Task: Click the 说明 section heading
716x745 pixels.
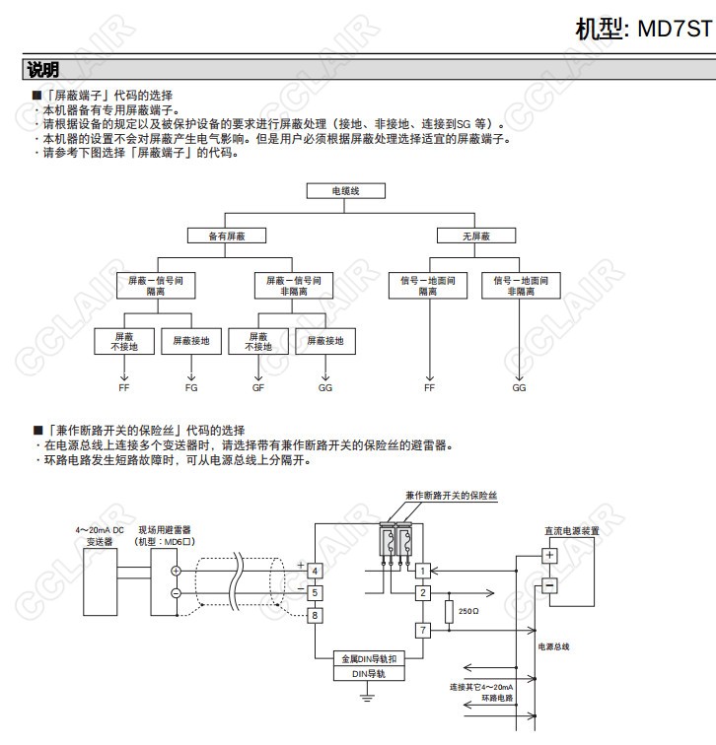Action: (x=43, y=70)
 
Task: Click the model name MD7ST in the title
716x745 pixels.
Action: (x=674, y=28)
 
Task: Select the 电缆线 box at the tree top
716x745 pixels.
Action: (x=345, y=191)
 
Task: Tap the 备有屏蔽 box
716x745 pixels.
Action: (x=227, y=236)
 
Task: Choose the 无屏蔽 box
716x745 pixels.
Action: (x=475, y=236)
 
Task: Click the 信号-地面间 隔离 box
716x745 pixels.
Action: (x=428, y=286)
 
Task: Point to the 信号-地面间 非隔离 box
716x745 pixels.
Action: (x=520, y=286)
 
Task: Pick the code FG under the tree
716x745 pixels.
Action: (x=191, y=388)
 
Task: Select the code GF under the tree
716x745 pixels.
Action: (x=257, y=388)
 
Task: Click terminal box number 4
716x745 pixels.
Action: (x=314, y=571)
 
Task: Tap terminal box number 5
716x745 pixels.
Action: (x=314, y=592)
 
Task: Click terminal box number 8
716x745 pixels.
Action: (x=314, y=615)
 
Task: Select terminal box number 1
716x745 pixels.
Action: (x=422, y=571)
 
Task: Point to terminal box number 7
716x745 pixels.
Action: (x=422, y=629)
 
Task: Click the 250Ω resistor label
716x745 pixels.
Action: (x=468, y=611)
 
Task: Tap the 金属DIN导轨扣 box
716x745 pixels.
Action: (x=369, y=658)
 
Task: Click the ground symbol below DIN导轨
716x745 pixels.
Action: (x=368, y=698)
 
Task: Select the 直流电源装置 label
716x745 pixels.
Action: (x=572, y=530)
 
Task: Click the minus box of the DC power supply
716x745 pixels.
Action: (x=549, y=585)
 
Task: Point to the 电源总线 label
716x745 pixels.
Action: (x=553, y=646)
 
